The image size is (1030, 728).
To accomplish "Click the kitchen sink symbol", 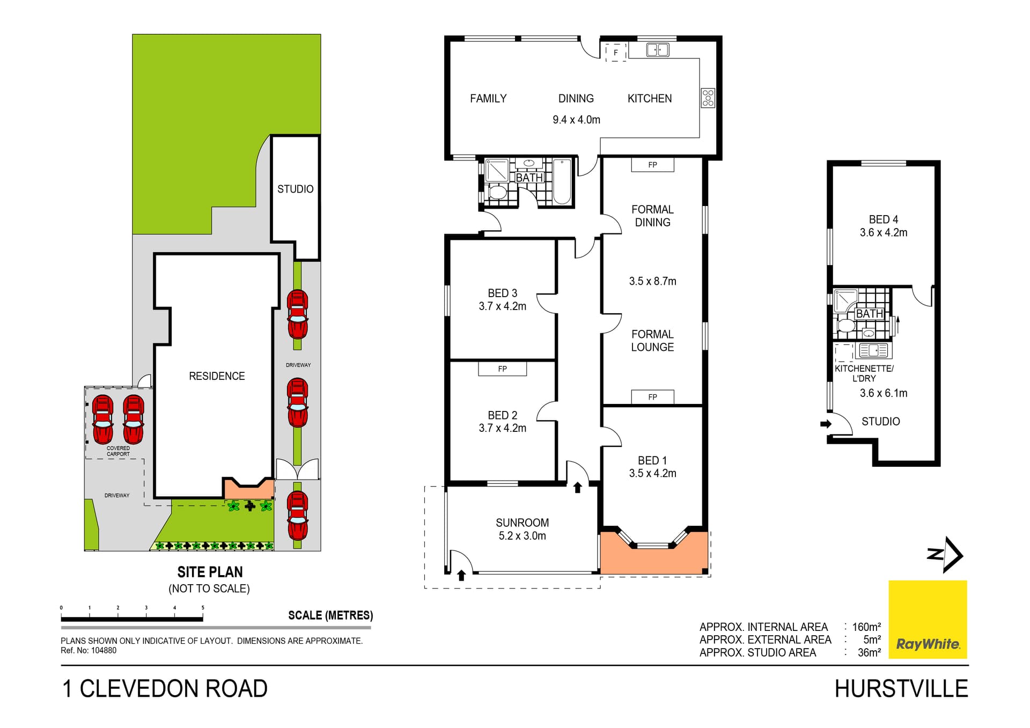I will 657,50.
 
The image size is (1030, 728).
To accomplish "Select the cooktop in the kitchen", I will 708,98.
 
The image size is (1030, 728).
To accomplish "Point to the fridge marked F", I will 616,53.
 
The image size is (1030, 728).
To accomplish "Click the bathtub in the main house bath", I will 562,181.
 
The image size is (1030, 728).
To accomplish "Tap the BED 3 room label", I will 502,293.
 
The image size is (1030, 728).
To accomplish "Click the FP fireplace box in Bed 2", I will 502,369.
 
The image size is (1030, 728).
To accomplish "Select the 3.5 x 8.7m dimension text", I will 652,281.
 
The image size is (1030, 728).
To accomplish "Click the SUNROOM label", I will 522,523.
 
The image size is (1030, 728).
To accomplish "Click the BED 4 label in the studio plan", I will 883,219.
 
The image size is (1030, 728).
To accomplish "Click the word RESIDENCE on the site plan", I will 217,376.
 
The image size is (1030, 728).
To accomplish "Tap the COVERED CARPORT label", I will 118,451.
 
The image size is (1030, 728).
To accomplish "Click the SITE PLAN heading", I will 210,572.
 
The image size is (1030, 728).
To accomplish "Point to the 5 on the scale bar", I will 203,608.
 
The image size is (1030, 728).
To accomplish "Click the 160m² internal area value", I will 866,627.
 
